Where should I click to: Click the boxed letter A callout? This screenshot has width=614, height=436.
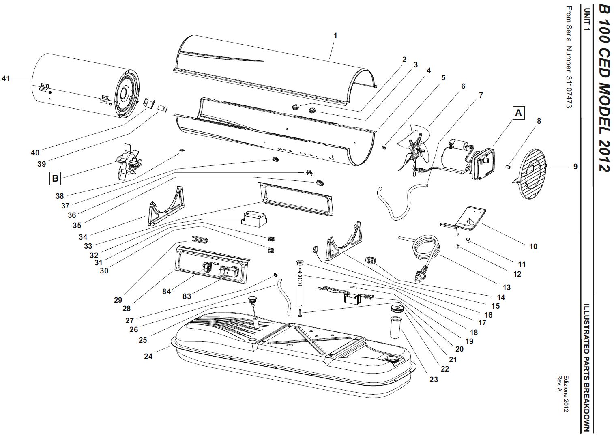click(518, 113)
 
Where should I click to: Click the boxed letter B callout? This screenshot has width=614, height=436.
click(55, 178)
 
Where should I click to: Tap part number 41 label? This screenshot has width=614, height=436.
click(6, 78)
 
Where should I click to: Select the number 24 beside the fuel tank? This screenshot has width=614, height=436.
click(148, 356)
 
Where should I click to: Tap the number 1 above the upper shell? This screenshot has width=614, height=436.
click(335, 35)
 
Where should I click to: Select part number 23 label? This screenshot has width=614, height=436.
click(434, 379)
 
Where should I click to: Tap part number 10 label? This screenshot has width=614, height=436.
click(533, 246)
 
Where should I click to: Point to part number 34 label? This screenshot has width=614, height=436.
click(83, 237)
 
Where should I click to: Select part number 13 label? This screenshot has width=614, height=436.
click(507, 287)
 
